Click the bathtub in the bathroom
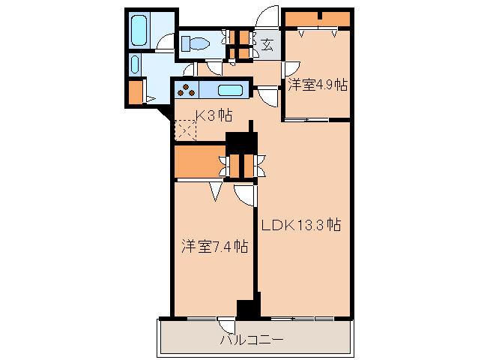[x=140, y=31]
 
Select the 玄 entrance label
[x=267, y=43]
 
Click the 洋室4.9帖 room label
[x=317, y=85]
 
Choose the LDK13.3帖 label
[x=301, y=223]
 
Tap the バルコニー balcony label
[x=252, y=340]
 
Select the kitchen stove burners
[x=186, y=91]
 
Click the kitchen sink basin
[x=231, y=91]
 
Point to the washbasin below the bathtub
[x=135, y=64]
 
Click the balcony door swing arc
[x=225, y=325]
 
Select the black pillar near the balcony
[x=246, y=307]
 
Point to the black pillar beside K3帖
[x=242, y=142]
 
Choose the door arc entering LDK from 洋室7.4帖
[x=246, y=194]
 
